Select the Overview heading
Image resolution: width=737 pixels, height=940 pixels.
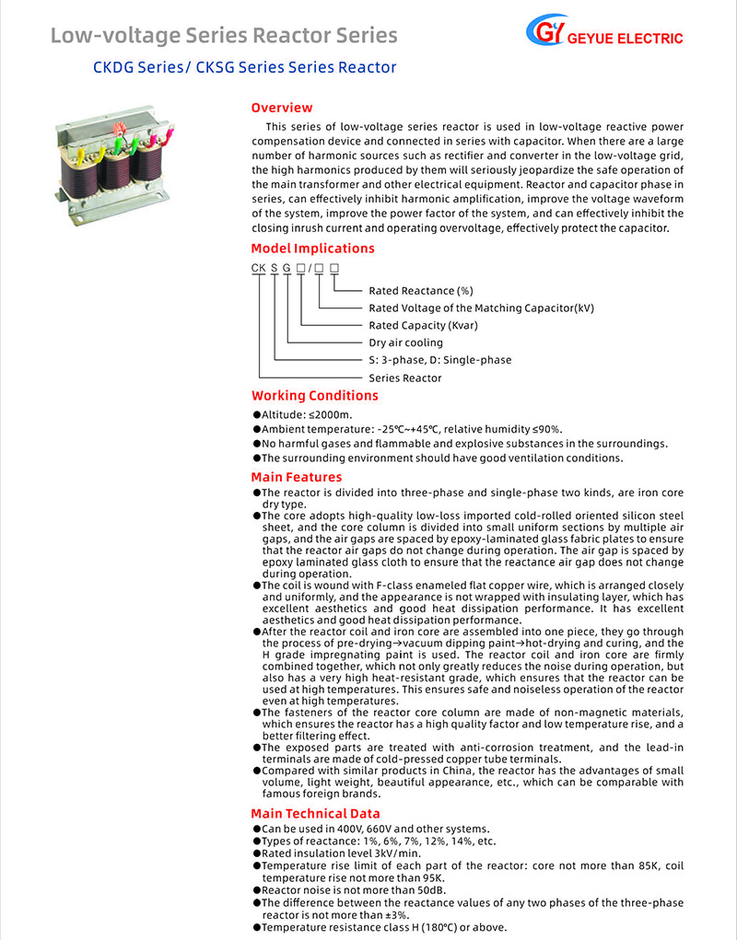tap(282, 108)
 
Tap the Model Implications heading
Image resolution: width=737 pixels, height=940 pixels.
tap(312, 249)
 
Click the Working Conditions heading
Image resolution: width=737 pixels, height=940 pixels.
tap(314, 396)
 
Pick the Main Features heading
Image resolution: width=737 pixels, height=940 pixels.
tap(296, 477)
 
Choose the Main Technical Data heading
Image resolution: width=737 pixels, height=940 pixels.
tap(315, 813)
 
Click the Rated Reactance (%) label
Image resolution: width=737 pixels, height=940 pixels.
tap(420, 291)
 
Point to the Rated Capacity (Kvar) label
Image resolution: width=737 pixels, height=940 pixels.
tap(423, 325)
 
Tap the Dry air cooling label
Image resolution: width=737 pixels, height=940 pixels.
tap(405, 342)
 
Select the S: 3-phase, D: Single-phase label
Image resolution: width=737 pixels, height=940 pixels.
tap(439, 360)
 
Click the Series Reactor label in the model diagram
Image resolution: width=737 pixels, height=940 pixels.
tap(404, 377)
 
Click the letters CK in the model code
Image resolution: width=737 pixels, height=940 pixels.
tap(259, 267)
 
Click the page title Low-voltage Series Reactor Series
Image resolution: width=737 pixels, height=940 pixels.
tap(224, 36)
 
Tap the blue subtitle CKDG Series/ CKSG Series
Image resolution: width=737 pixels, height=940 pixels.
tap(244, 67)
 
